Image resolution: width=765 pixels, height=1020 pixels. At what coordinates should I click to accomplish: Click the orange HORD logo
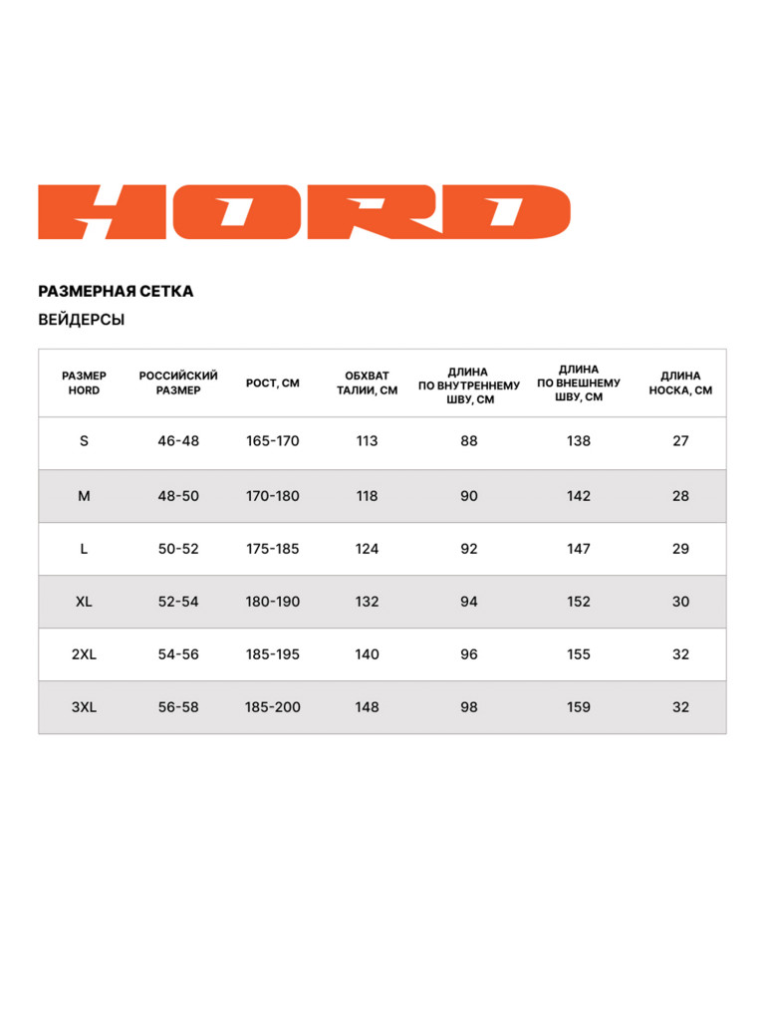click(x=304, y=211)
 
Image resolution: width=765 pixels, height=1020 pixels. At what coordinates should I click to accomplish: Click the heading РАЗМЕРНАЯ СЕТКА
click(x=116, y=292)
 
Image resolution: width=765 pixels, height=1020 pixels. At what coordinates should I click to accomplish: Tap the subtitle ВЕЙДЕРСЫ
click(x=82, y=320)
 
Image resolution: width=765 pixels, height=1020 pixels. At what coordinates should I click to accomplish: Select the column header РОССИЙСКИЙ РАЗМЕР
click(x=178, y=382)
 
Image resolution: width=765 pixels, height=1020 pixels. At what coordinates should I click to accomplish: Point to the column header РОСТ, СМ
click(x=273, y=382)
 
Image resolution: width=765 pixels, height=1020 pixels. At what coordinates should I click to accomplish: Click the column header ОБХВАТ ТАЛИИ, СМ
click(x=367, y=382)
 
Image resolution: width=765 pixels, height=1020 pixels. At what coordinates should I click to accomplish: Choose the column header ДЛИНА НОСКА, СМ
click(x=680, y=382)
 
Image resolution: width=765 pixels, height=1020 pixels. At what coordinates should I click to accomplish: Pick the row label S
click(x=84, y=441)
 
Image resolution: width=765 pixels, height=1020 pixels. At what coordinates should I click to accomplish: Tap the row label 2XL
click(x=84, y=654)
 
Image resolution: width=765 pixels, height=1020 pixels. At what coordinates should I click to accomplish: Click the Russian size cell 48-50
click(x=178, y=496)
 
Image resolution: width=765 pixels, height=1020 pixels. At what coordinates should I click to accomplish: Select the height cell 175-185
click(x=273, y=549)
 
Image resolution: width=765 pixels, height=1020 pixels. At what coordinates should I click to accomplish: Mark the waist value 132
click(x=367, y=602)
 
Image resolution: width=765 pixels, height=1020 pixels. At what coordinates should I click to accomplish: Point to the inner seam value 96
click(x=469, y=654)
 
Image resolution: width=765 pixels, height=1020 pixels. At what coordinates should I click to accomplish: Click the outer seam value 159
click(x=579, y=707)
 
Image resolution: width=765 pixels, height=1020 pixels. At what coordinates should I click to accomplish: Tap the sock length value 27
click(x=680, y=441)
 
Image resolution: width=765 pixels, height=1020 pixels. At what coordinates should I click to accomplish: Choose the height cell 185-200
click(x=273, y=707)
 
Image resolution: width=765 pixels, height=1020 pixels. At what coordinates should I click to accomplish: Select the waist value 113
click(x=367, y=441)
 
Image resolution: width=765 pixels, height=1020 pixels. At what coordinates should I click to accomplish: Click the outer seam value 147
click(x=579, y=549)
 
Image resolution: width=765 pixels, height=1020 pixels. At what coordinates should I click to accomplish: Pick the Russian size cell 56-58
click(x=178, y=707)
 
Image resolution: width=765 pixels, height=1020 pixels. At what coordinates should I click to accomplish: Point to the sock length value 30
click(x=680, y=602)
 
